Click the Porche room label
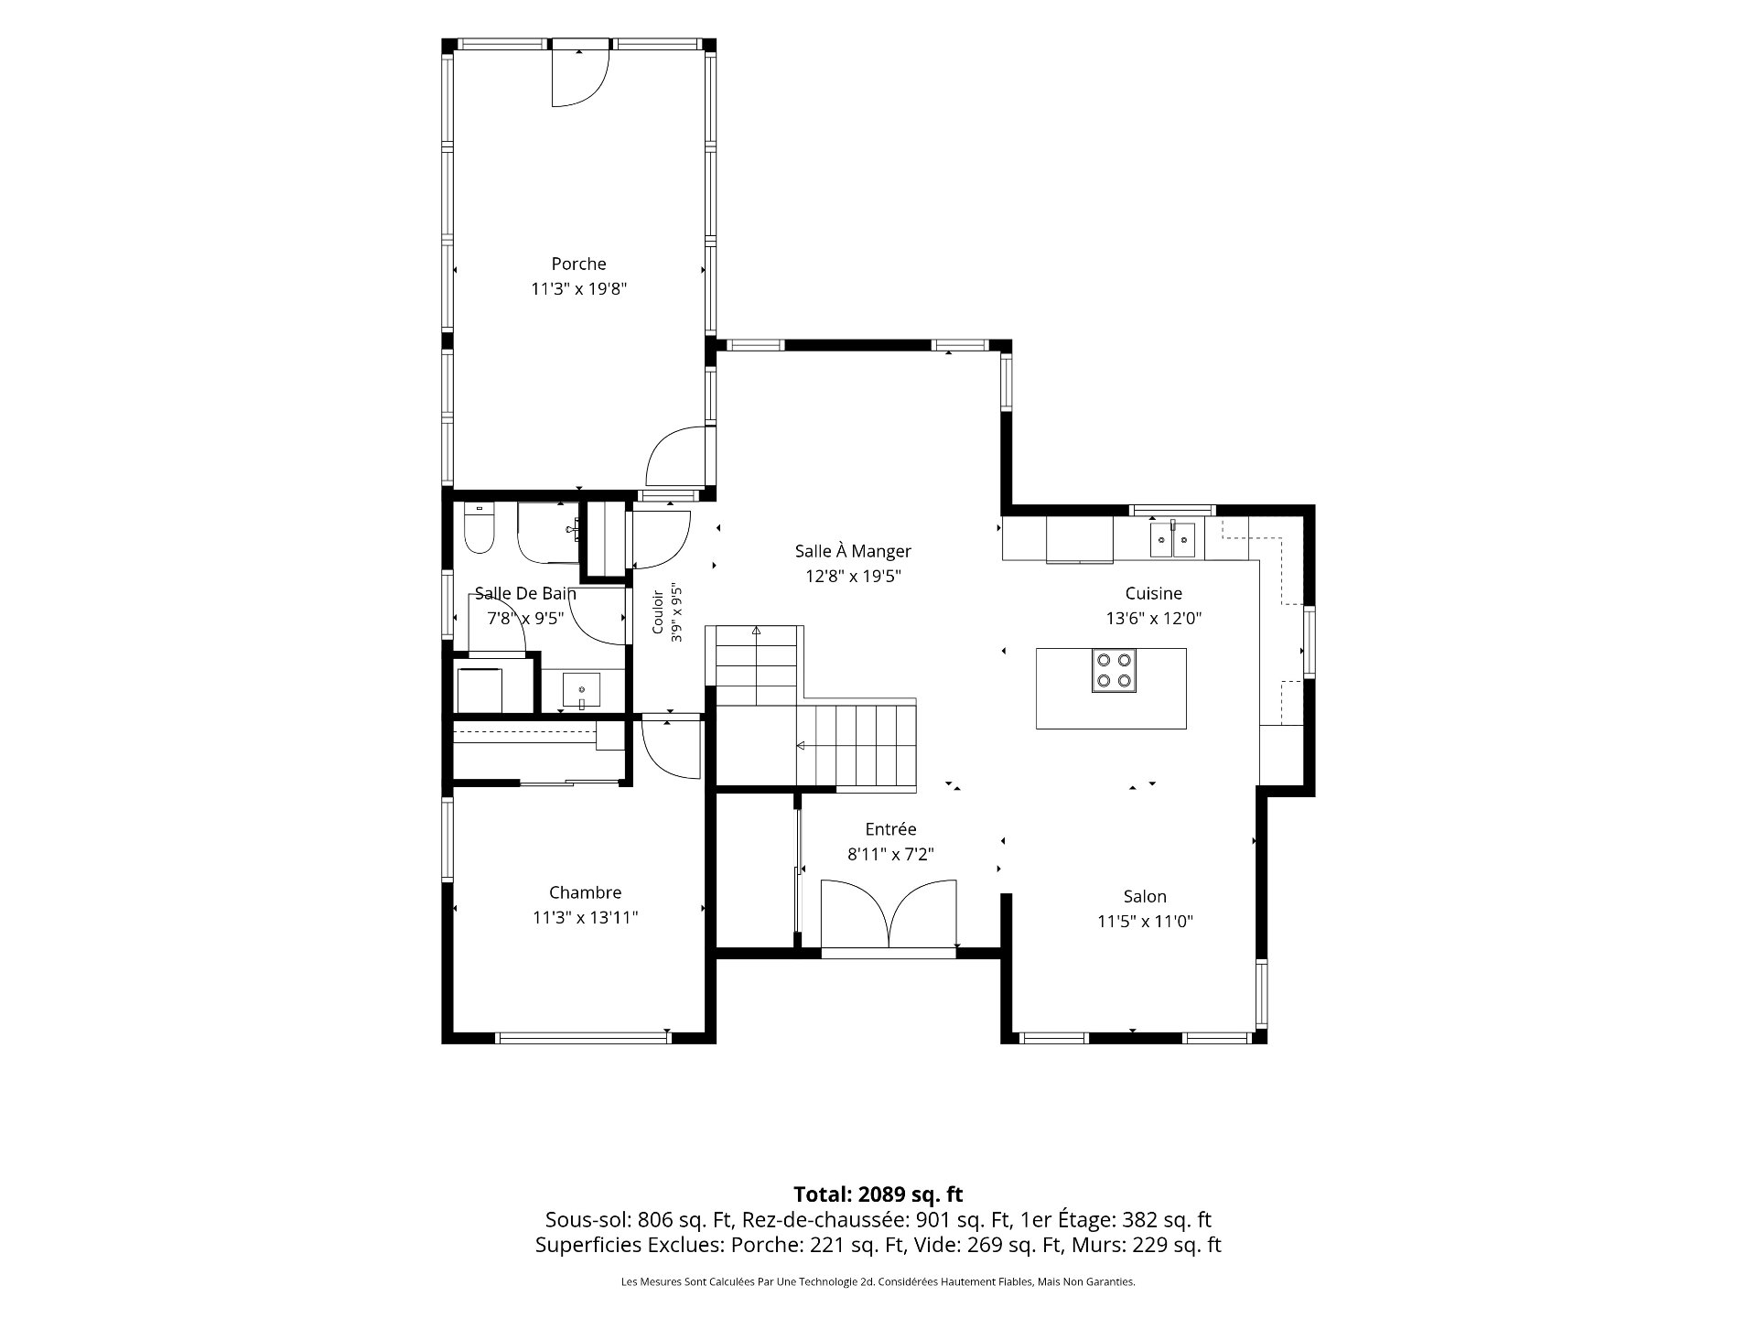[578, 264]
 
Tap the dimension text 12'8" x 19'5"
[853, 576]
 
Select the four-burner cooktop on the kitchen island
[1114, 669]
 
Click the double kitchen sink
[1173, 539]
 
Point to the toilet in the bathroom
[479, 528]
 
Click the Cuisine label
[1153, 593]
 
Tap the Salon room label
[1145, 896]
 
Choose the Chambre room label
[585, 892]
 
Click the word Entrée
[890, 828]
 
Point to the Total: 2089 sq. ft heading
[878, 1194]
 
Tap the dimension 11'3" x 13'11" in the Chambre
[585, 917]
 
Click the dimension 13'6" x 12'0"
[1153, 618]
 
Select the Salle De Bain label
[525, 593]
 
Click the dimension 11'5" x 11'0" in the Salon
[1145, 921]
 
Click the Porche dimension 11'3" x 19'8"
[578, 288]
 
